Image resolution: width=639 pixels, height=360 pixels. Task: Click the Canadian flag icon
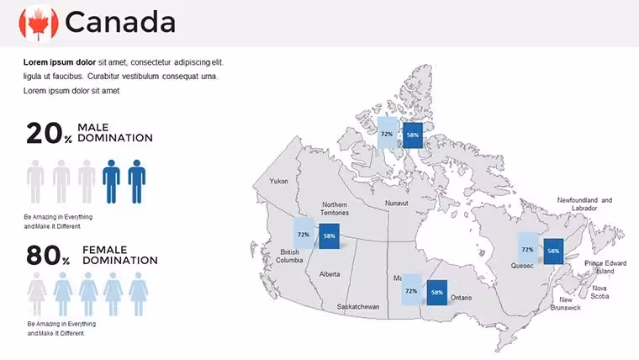point(39,24)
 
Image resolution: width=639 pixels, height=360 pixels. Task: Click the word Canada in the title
point(120,23)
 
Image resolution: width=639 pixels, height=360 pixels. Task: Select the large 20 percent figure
point(50,134)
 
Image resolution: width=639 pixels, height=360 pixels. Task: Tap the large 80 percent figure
point(49,256)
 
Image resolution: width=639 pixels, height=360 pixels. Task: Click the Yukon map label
point(279,181)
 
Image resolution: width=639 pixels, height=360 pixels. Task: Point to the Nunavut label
point(397,203)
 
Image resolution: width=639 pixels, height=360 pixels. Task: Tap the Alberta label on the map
point(330,274)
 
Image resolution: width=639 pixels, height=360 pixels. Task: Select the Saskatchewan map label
point(358,307)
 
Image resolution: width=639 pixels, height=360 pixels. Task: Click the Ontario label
point(461,298)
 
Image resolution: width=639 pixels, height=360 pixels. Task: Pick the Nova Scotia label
point(599,292)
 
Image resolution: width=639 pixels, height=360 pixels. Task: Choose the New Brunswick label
point(565,304)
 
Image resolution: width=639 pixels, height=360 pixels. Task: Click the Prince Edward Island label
point(605,267)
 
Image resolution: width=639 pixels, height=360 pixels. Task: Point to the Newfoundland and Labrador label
point(584,204)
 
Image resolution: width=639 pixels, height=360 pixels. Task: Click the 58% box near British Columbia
point(330,236)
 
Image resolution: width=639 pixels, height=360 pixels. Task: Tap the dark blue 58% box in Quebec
point(553,251)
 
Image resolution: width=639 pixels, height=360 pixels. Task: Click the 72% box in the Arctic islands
point(387,133)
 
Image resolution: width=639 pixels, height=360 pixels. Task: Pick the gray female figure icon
point(37,294)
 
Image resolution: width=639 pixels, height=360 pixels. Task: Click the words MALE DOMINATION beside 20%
point(115,133)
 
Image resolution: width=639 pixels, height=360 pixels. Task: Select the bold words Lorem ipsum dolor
point(60,62)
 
